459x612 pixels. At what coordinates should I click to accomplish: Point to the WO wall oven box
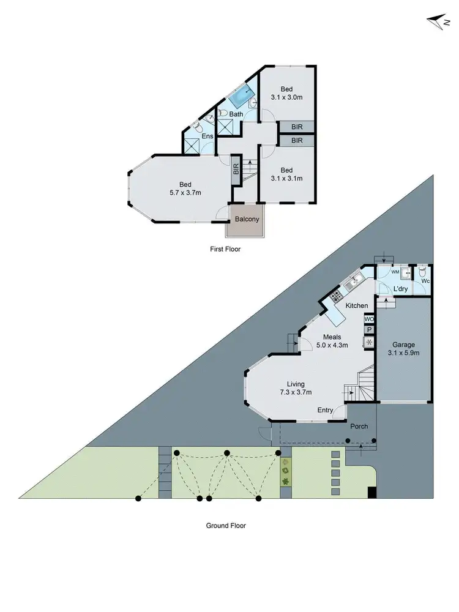(369, 319)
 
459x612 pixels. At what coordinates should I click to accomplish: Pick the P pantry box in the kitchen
(369, 330)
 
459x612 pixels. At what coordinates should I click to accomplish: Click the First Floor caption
(225, 249)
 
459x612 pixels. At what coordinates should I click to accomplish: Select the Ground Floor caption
(226, 525)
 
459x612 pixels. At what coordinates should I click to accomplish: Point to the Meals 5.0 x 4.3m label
(332, 341)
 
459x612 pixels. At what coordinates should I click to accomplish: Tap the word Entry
(326, 410)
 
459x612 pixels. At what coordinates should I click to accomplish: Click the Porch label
(359, 426)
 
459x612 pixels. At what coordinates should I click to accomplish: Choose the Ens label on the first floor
(200, 136)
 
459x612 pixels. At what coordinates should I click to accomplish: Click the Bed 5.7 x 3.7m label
(185, 188)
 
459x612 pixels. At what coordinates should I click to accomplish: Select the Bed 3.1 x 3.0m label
(286, 92)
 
